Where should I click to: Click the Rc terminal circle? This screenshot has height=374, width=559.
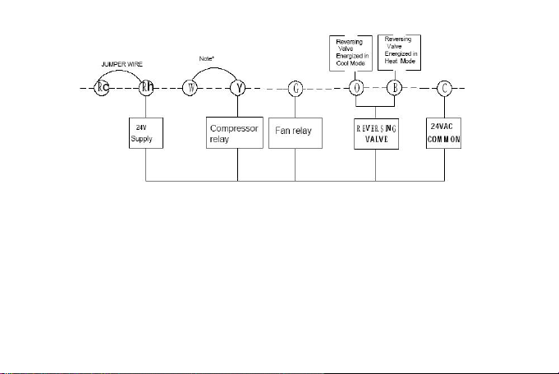click(101, 88)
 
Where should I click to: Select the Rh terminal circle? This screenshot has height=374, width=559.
click(146, 88)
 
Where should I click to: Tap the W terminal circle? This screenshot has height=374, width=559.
click(190, 88)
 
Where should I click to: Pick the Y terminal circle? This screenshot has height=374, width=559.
click(238, 88)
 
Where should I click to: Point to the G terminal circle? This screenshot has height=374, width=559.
click(296, 89)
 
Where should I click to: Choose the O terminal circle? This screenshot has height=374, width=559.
click(356, 88)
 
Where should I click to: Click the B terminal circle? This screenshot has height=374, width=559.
click(394, 88)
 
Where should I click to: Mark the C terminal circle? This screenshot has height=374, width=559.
click(444, 88)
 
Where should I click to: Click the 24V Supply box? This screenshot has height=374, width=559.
click(146, 133)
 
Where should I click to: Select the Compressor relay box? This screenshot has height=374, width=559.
click(235, 132)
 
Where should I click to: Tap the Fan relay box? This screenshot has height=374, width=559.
click(296, 133)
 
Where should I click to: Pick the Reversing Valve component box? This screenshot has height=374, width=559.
click(376, 134)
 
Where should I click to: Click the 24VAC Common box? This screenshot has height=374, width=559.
click(443, 133)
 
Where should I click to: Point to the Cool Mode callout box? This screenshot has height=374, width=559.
click(351, 53)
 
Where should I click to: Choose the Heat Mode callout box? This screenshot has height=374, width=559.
click(399, 53)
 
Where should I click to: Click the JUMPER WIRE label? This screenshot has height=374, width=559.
click(122, 64)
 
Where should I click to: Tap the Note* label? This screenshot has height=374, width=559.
click(207, 58)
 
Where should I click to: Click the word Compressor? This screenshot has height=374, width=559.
click(234, 128)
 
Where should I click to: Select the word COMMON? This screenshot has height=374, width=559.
click(444, 140)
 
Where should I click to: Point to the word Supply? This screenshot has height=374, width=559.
click(141, 139)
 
